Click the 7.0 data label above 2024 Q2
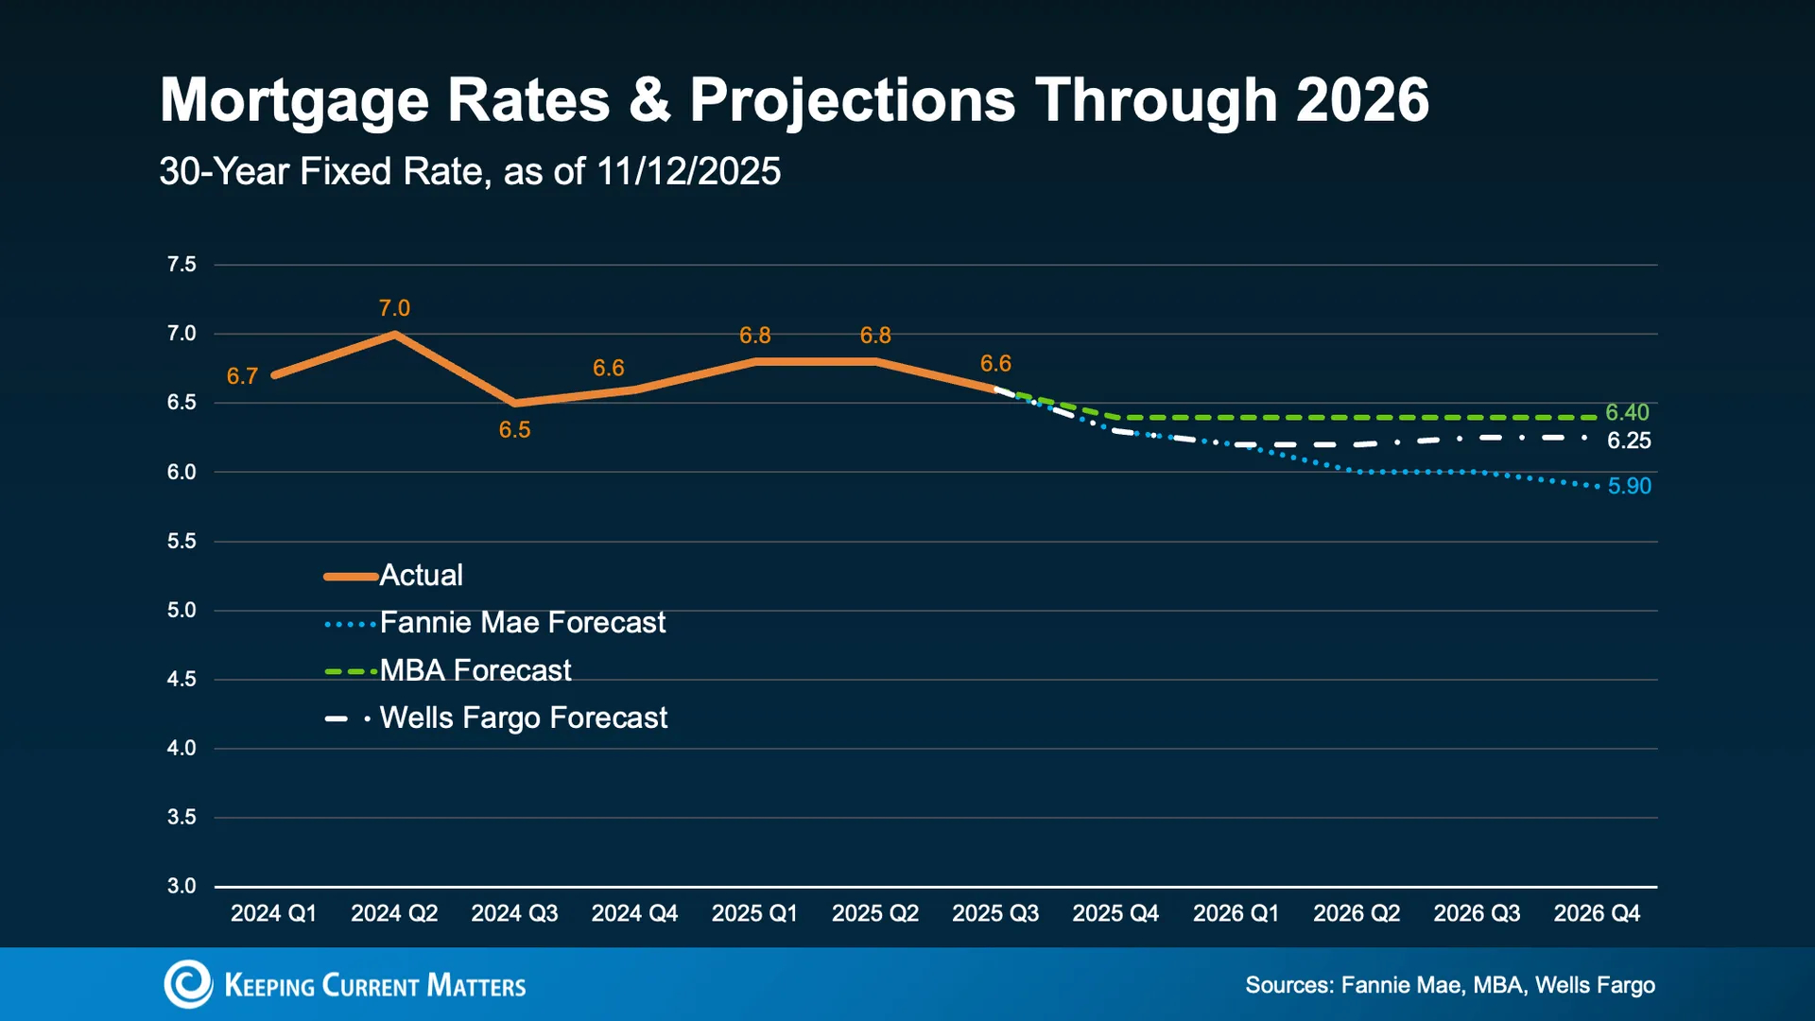pos(394,308)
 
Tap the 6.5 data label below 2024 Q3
pos(514,430)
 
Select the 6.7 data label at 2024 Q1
pos(242,376)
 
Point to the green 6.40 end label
pos(1627,413)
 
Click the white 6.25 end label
pos(1629,441)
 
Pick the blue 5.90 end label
pos(1630,486)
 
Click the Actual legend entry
pos(393,576)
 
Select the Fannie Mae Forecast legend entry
pos(494,623)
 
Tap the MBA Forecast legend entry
pos(447,670)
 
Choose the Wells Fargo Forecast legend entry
pos(495,718)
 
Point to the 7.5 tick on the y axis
pos(181,265)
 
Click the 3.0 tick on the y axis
pos(181,887)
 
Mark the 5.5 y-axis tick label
pos(181,542)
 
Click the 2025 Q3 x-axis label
pos(995,913)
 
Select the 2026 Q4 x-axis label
pos(1597,913)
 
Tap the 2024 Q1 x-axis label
pos(274,913)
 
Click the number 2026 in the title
pos(1362,100)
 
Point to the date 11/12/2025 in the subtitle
pos(689,172)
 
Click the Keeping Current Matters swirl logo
pos(188,984)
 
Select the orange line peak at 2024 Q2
pos(394,334)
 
